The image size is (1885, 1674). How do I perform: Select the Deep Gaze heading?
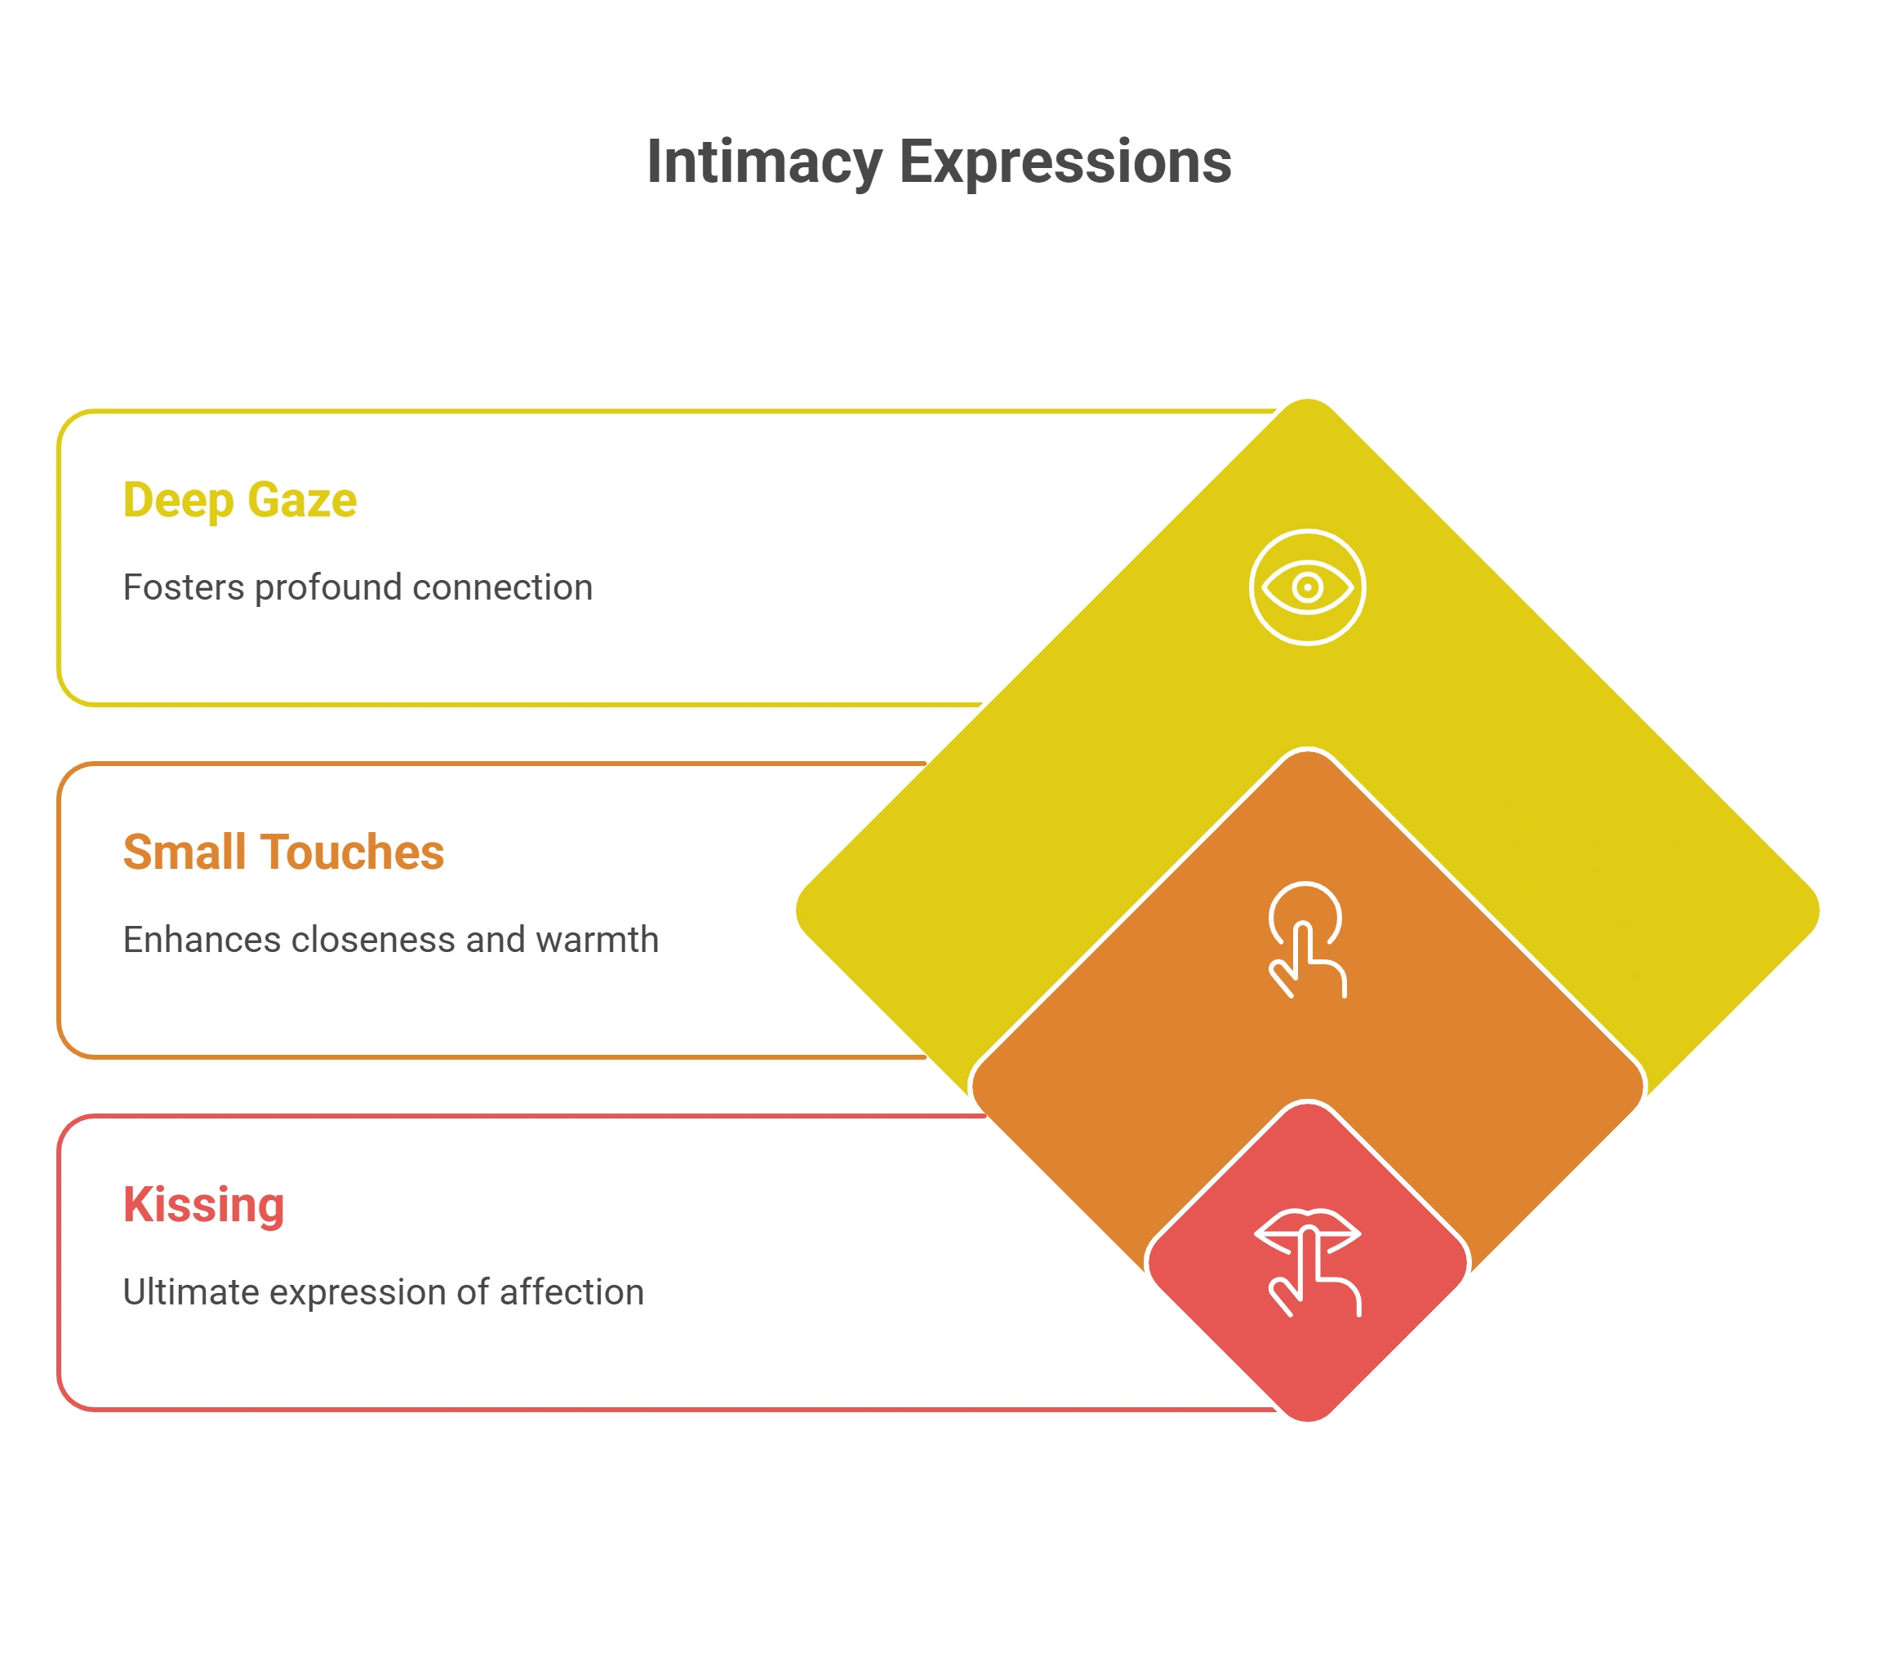(240, 502)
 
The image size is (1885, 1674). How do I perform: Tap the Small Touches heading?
(283, 852)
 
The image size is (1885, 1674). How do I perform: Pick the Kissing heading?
(204, 1205)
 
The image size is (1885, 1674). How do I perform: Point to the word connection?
(503, 588)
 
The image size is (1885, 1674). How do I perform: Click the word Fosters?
(184, 588)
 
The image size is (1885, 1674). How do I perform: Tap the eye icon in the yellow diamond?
(1308, 587)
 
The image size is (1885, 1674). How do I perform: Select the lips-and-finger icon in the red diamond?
(1308, 1262)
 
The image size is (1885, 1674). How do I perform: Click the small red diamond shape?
(1308, 1262)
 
